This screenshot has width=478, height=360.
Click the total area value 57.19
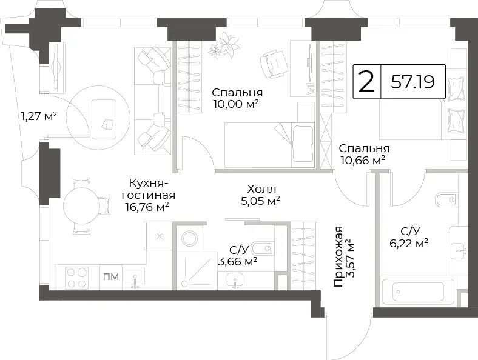click(412, 82)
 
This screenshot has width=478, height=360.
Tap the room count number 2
click(366, 82)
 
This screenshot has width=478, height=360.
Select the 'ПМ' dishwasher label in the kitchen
click(111, 277)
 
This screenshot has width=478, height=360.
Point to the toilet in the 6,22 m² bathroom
click(446, 199)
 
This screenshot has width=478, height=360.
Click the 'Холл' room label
click(261, 189)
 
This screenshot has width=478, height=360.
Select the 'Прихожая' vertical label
click(338, 256)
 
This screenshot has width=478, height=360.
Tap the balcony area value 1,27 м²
click(39, 116)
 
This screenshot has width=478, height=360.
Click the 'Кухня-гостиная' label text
click(150, 189)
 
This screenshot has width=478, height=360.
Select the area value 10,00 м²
click(236, 104)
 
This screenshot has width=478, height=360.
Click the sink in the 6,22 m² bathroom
click(459, 248)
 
